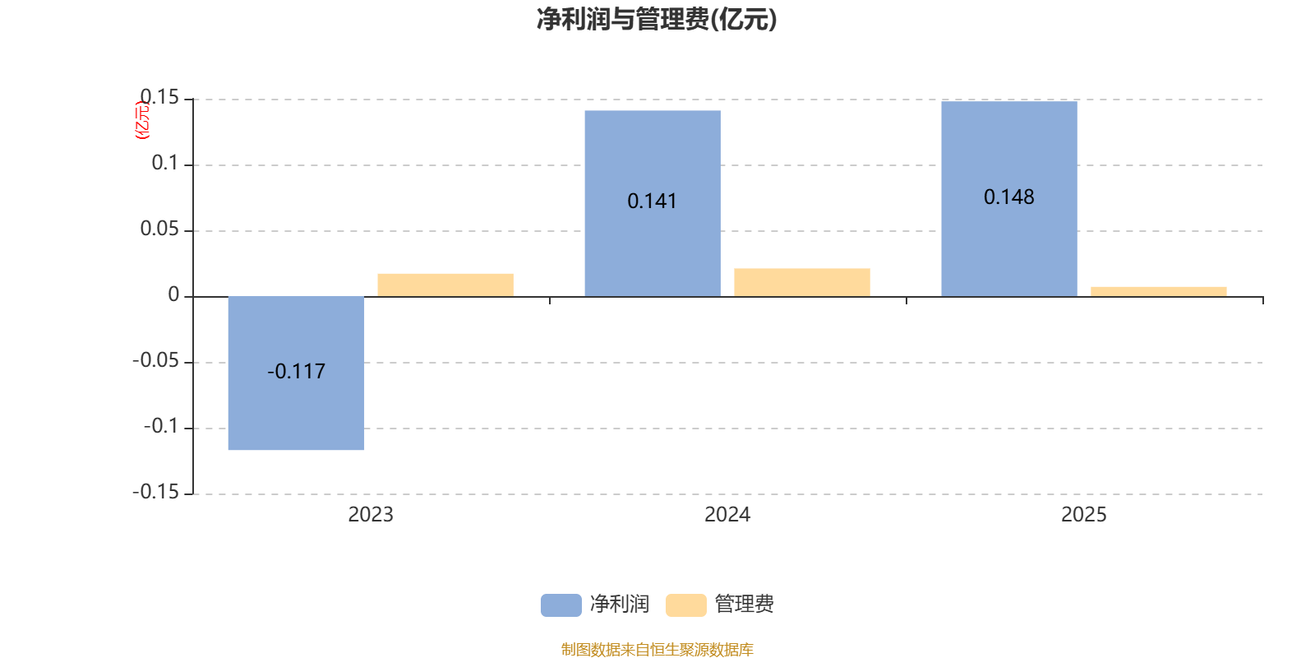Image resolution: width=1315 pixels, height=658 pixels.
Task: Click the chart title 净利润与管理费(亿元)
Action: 657,20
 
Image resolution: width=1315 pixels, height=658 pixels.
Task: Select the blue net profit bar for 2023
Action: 296,411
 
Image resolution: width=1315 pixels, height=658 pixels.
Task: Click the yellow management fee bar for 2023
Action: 445,285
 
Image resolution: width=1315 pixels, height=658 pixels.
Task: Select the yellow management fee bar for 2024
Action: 801,282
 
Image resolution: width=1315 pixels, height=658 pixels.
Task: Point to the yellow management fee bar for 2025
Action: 1158,291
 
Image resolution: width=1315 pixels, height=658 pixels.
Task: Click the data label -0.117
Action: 296,372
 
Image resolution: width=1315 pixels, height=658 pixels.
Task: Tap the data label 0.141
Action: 652,202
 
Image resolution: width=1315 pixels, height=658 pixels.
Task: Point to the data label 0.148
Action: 1008,197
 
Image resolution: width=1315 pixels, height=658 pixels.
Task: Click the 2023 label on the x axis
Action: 370,515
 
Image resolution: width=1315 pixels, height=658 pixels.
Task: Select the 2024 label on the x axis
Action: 727,515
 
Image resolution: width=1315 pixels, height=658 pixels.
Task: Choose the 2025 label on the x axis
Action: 1083,515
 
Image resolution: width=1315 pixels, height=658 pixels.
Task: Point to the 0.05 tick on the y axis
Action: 159,229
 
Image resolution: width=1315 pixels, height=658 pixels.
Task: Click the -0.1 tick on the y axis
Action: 160,427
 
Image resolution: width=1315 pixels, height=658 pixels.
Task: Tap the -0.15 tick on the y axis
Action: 155,493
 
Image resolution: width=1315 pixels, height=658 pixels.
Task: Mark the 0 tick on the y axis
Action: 173,295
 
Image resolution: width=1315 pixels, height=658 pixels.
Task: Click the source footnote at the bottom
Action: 657,650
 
